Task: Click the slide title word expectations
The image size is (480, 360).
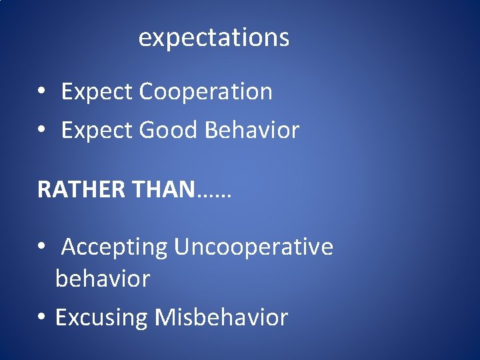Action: pos(213,38)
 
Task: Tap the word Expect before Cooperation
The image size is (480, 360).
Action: pos(97,92)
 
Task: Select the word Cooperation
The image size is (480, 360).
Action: pos(206,91)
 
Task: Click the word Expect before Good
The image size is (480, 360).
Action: pos(97,131)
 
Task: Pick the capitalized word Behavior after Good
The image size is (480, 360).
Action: pos(252,130)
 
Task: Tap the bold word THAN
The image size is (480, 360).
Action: pos(165,189)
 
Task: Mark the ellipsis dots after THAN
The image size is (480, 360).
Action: pos(214,195)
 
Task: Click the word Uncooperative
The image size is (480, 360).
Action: pos(253,247)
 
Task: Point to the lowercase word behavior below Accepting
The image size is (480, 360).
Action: pos(103,279)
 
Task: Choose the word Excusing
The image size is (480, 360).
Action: pos(101,317)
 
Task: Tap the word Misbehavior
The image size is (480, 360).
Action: pos(221,317)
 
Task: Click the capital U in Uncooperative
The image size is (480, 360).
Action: pos(181,247)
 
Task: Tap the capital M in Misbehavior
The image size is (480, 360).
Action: pos(164,317)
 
